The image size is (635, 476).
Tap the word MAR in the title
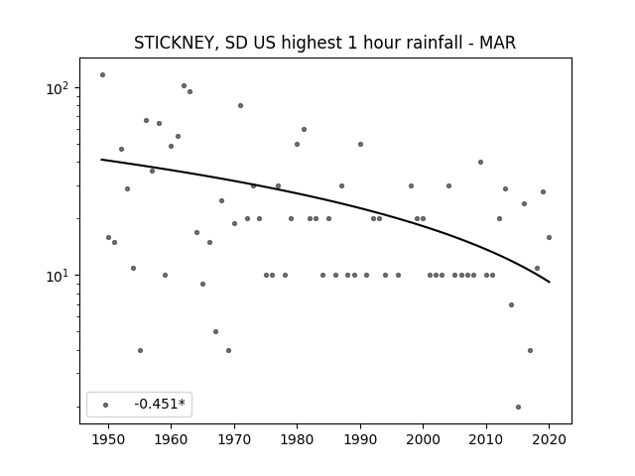(497, 43)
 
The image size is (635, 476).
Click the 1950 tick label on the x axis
(108, 439)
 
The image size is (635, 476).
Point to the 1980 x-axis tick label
(297, 439)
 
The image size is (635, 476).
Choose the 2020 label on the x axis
(549, 439)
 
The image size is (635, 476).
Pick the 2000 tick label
(424, 439)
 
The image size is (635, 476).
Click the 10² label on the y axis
(58, 88)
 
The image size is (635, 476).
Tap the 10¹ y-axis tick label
(58, 276)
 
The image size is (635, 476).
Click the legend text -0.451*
(160, 404)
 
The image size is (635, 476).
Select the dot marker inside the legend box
(106, 405)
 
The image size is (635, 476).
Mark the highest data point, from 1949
(102, 75)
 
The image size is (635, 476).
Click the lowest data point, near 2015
(518, 407)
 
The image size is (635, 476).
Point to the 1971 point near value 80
(240, 106)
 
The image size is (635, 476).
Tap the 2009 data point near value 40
(480, 163)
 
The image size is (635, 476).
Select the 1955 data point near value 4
(140, 350)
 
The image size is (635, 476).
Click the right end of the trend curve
(549, 282)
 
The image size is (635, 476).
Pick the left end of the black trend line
(101, 160)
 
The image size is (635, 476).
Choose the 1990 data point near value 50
(360, 145)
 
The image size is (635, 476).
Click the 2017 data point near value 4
(530, 350)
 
